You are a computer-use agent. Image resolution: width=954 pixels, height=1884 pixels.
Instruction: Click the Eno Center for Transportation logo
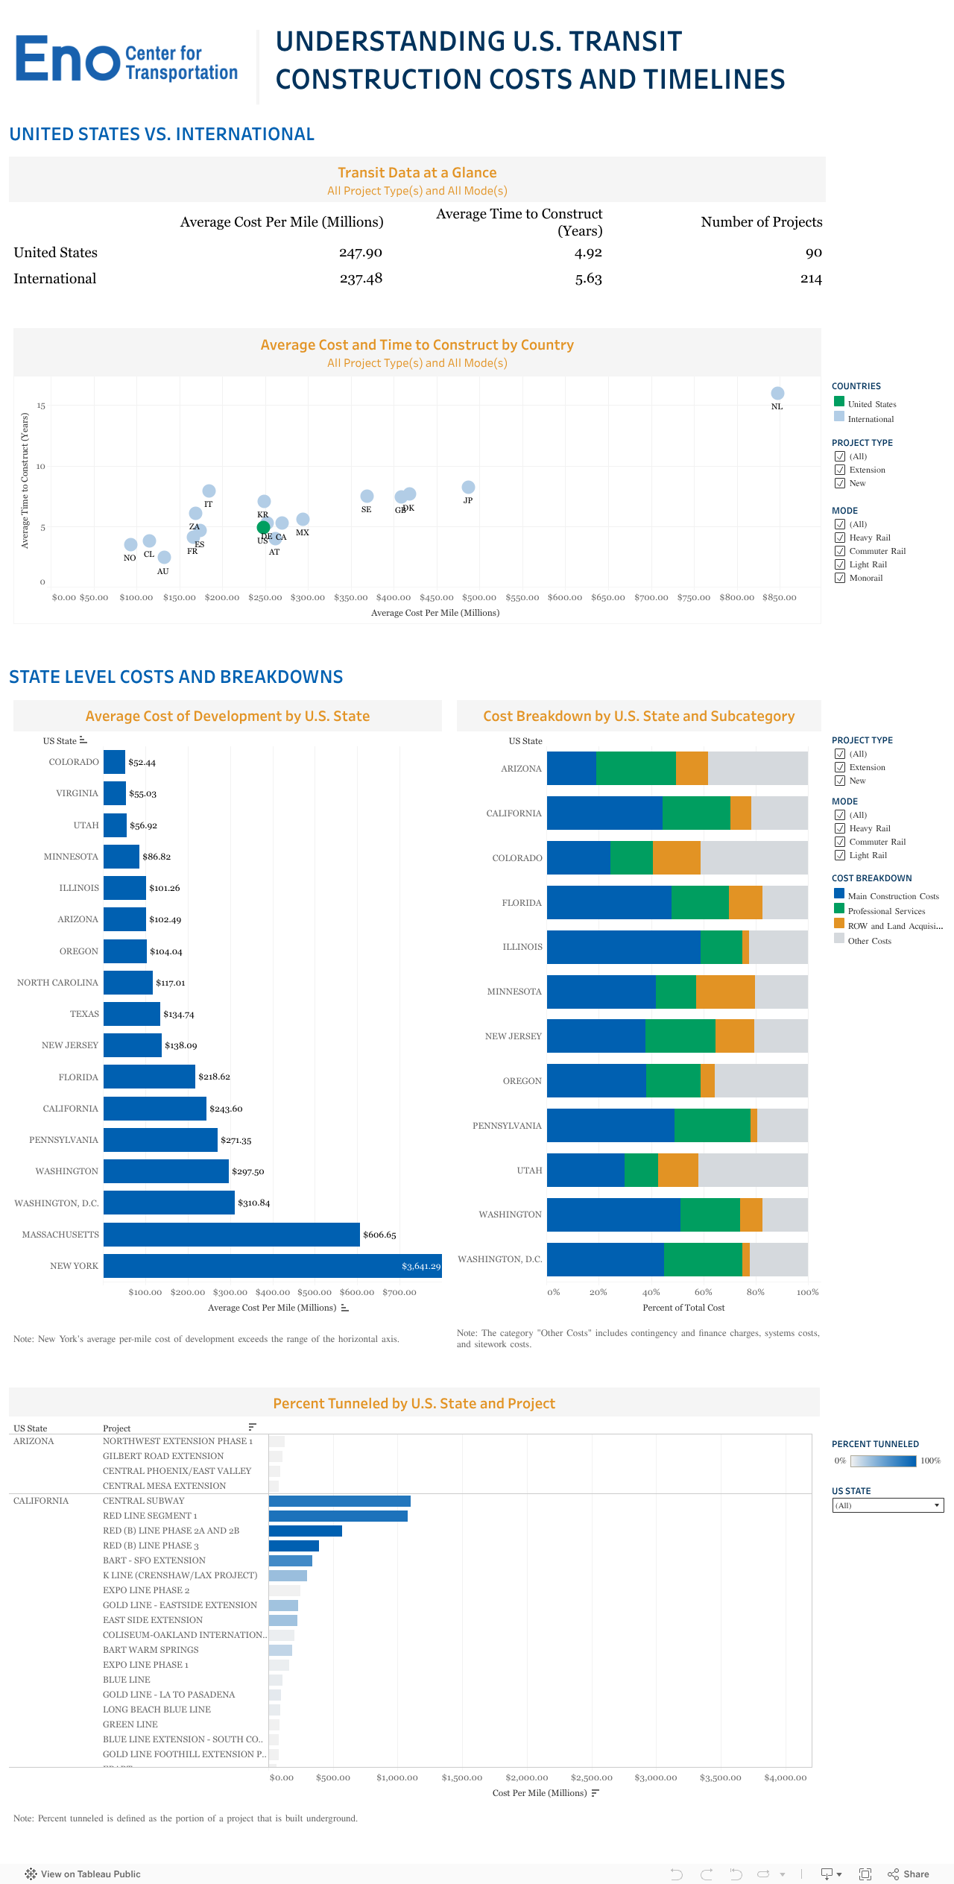pos(127,60)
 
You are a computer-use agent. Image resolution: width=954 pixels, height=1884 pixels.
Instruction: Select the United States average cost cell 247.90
pos(361,253)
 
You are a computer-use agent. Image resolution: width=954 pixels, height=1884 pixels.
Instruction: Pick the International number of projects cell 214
pos(810,279)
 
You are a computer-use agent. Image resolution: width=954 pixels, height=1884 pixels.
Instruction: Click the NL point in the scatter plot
pos(777,393)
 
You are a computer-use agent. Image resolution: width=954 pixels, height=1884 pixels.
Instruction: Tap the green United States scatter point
pos(263,527)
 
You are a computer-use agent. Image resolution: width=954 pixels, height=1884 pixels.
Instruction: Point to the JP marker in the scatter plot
pos(468,487)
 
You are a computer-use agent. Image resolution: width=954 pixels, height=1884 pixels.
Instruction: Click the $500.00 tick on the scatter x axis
pos(479,597)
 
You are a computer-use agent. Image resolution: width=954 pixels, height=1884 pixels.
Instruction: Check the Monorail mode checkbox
pos(840,578)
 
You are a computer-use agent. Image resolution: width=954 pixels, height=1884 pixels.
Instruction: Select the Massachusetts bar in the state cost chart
pos(231,1235)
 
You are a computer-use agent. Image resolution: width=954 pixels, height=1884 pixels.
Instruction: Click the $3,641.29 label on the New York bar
pos(420,1266)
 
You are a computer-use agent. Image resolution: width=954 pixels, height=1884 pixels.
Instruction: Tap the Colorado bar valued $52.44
pos(114,762)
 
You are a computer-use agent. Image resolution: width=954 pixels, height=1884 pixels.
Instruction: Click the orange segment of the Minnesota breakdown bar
pos(724,992)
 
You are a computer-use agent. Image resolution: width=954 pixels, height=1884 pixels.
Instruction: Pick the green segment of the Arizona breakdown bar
pos(635,768)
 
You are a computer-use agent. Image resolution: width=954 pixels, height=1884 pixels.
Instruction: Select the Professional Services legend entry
pos(885,911)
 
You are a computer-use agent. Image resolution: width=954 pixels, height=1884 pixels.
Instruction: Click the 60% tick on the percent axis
pos(703,1292)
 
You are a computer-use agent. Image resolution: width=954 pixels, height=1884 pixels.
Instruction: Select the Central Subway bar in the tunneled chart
pos(339,1501)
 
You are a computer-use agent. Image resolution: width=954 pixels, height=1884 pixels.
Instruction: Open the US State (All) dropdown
pos(887,1505)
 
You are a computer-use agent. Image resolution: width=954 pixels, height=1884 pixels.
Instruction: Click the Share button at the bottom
pos(909,1874)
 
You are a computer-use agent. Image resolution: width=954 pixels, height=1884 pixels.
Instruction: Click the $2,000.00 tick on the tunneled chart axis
pos(526,1777)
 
